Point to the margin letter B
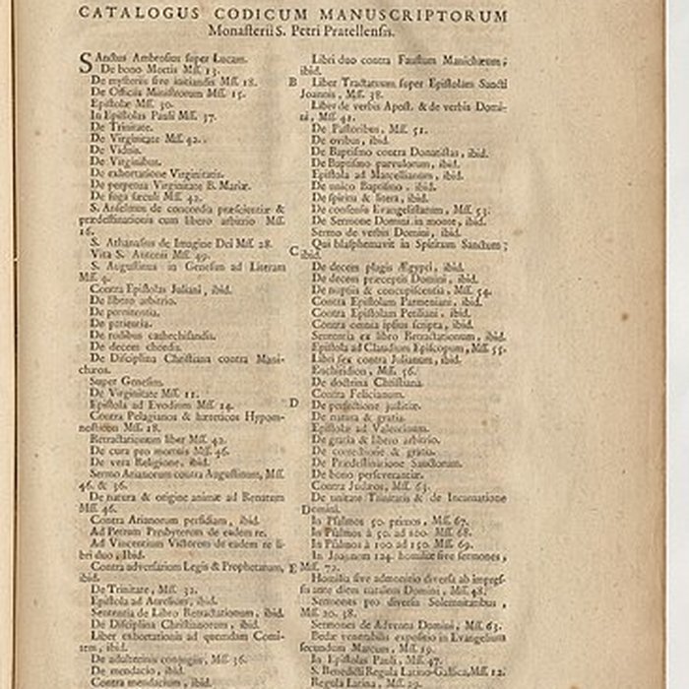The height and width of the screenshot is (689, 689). [x=292, y=83]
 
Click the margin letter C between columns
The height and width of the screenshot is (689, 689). [x=292, y=251]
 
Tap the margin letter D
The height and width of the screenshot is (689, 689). [x=292, y=403]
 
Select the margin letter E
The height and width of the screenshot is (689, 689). [x=292, y=569]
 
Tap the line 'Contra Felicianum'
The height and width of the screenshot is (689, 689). [x=354, y=394]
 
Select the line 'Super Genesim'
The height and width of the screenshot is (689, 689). [x=117, y=380]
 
